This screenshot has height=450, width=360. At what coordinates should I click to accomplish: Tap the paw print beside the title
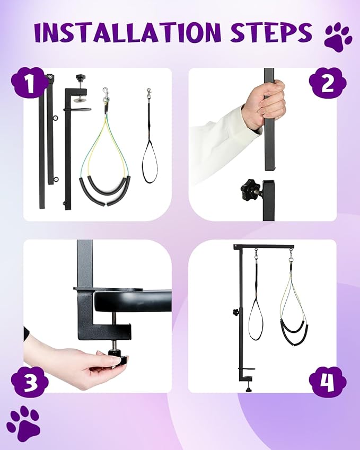point(338,36)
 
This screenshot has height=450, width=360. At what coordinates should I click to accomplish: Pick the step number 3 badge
point(30,381)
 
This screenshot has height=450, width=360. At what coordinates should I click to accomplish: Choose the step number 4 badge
point(328,381)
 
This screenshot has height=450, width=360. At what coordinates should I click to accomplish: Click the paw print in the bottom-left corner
point(23,423)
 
